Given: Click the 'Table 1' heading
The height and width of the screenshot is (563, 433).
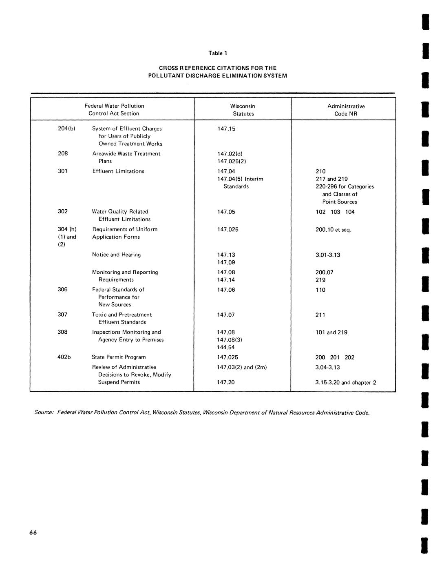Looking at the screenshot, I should point(218,53).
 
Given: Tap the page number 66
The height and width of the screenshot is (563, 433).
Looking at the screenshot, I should point(33,532).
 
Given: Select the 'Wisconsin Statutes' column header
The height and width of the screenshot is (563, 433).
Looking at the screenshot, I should point(243,110).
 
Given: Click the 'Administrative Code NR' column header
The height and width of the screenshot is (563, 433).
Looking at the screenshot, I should point(346,110).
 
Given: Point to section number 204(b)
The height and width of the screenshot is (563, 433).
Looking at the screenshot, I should point(66,129).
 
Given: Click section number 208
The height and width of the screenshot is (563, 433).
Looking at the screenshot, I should point(63,153).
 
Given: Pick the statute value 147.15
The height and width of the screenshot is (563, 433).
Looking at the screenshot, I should point(226,129).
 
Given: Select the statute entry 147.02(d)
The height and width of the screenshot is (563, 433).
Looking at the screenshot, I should point(230,154).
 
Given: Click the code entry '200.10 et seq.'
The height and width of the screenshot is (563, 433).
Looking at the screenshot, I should point(333,230).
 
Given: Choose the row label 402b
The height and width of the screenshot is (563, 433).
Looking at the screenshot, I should point(64,357).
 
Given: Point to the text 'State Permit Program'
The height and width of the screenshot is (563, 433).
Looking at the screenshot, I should point(119,357).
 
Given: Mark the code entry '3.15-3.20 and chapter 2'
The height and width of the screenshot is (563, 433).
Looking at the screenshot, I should point(346,383).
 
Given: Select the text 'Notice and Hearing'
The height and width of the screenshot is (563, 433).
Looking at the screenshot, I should point(116,255).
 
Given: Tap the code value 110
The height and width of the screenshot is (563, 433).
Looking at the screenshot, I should point(320,290).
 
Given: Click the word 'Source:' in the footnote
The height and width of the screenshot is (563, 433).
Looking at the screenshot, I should point(44,412).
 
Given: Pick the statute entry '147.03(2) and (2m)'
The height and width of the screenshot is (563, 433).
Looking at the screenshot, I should point(242,367).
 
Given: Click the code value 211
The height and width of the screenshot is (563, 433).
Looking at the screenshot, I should point(320,315).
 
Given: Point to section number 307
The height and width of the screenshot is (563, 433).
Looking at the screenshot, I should point(63,315).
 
